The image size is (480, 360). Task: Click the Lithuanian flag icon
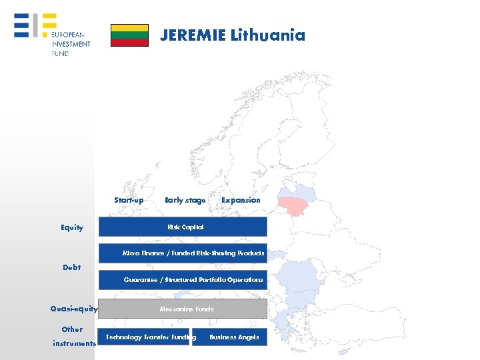pos(129,35)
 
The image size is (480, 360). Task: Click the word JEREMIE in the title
pos(193,35)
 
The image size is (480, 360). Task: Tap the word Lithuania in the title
pos(267,35)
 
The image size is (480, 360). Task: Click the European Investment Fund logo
pos(52,35)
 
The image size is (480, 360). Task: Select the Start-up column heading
pos(129,200)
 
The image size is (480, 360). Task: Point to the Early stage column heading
pos(185,200)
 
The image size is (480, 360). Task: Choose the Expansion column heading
pos(241,200)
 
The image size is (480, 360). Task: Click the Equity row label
pos(72,227)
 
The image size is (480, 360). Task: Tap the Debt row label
pos(72,267)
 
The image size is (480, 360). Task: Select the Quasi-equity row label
pos(74,309)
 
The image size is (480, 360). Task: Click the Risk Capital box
pos(183,227)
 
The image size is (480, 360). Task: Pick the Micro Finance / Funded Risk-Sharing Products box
pos(183,253)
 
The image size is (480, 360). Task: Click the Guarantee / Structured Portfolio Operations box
pos(183,280)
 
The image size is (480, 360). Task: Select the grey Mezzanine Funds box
pos(183,309)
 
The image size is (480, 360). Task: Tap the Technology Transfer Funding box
pos(144,337)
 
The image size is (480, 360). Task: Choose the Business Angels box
pos(229,337)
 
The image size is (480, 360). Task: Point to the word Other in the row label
pos(72,329)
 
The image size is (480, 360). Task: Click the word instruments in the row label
pos(74,343)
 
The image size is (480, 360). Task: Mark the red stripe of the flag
pos(129,43)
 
